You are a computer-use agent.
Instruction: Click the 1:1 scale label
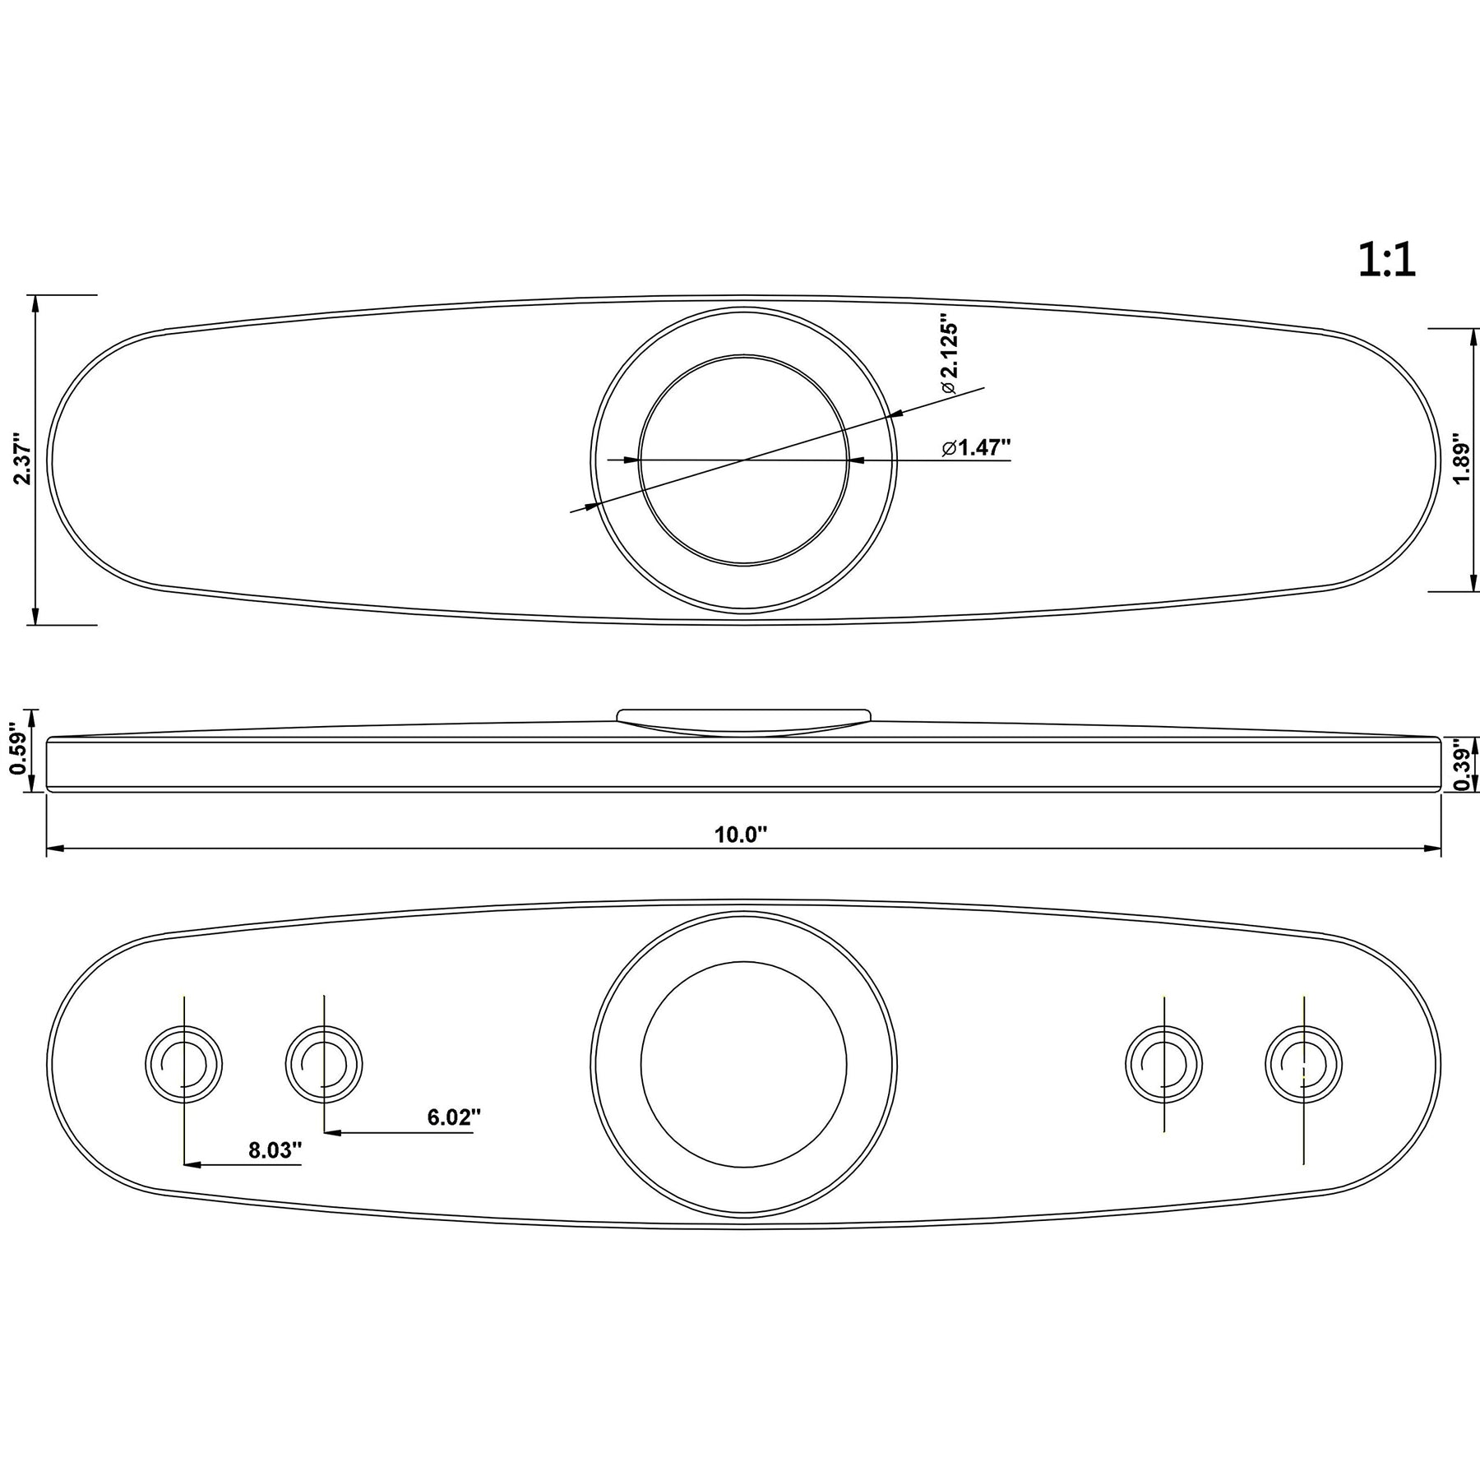(1387, 261)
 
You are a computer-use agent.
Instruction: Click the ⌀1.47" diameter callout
(977, 447)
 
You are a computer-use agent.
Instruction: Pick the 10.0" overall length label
(740, 835)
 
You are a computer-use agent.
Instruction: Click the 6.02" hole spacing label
(453, 1117)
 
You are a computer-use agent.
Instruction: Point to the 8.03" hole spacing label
(276, 1150)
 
